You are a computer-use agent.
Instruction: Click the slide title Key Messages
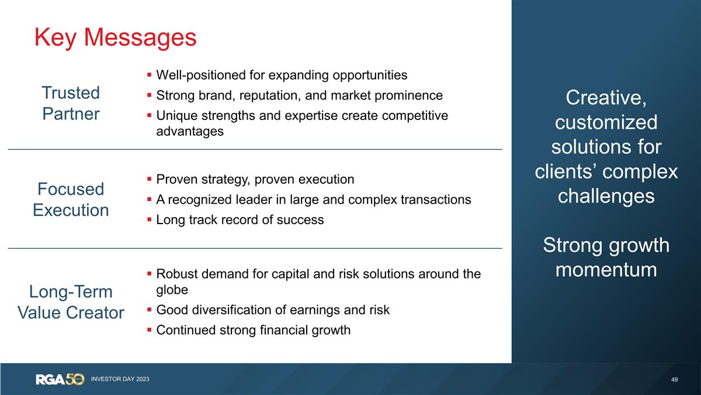click(115, 37)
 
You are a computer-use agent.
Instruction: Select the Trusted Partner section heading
click(71, 103)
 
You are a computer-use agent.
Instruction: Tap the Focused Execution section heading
click(71, 200)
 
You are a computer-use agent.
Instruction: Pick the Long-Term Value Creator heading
click(71, 302)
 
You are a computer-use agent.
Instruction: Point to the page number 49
click(675, 380)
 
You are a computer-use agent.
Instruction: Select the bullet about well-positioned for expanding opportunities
click(282, 75)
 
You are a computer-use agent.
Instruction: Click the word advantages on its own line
click(190, 131)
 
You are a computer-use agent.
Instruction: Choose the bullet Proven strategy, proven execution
click(255, 179)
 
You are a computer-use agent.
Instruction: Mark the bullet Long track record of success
click(240, 220)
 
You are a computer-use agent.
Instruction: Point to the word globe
click(172, 290)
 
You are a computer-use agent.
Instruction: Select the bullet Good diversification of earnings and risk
click(272, 310)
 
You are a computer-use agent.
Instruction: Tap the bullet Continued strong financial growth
click(253, 330)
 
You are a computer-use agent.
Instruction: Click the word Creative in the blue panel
click(606, 98)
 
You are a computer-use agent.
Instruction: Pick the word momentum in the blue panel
click(606, 270)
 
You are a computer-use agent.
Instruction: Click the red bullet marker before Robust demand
click(150, 273)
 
